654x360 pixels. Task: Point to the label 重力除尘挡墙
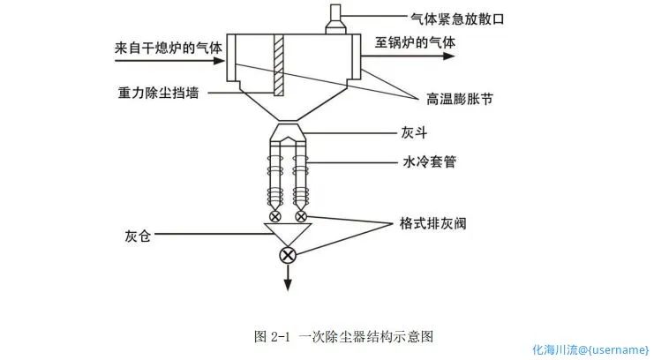(159, 91)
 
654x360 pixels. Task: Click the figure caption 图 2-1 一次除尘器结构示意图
(344, 335)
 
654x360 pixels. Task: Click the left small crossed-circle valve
(275, 216)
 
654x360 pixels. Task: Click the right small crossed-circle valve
(302, 216)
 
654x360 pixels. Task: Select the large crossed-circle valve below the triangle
(288, 256)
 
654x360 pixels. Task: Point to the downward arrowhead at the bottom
(288, 283)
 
